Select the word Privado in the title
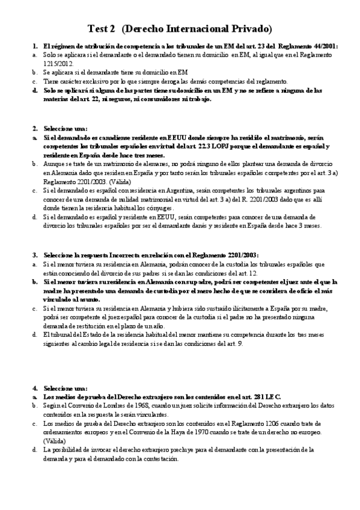coord(249,29)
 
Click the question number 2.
coord(35,128)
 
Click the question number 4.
coord(35,388)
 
